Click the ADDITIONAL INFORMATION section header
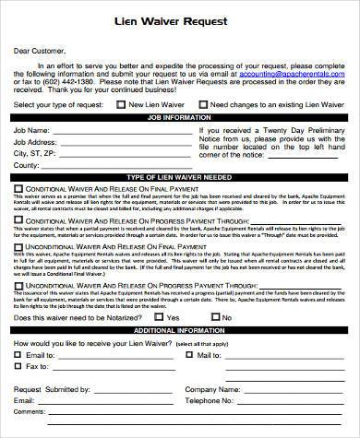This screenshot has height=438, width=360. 182,329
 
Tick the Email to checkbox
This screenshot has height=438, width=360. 18,356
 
